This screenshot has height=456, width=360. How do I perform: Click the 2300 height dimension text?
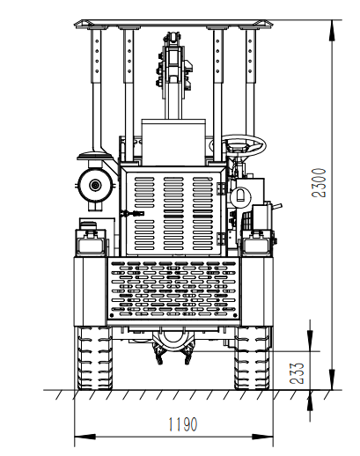pyautogui.click(x=320, y=182)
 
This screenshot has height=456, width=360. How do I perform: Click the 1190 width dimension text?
pyautogui.click(x=182, y=424)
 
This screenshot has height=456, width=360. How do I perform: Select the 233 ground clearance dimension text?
pyautogui.click(x=297, y=373)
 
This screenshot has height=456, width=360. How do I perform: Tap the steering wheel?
pyautogui.click(x=238, y=145)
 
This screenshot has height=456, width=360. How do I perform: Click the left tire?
pyautogui.click(x=94, y=358)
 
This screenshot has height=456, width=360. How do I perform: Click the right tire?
pyautogui.click(x=253, y=358)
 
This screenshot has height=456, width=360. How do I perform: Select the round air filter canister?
pyautogui.click(x=95, y=185)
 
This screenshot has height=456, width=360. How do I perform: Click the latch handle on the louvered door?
pyautogui.click(x=133, y=213)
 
